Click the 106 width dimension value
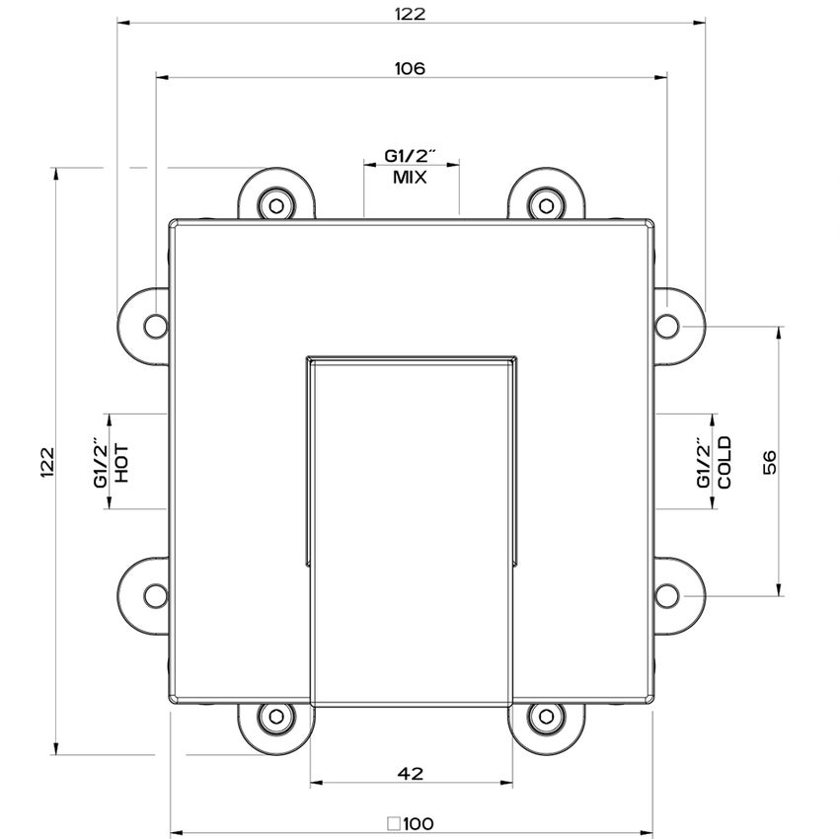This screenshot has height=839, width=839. coord(410,69)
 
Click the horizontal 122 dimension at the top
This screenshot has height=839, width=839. coord(411,14)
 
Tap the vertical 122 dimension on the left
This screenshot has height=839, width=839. coord(47,462)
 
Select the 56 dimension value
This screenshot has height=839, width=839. coord(769,462)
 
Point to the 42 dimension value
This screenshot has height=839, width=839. coord(411,773)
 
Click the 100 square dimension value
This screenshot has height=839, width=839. coord(419,823)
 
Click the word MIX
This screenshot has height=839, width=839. coord(410,177)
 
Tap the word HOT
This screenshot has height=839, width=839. coord(122,463)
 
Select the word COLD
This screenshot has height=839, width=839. coord(725,462)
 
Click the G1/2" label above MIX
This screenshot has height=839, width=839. coord(411,156)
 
